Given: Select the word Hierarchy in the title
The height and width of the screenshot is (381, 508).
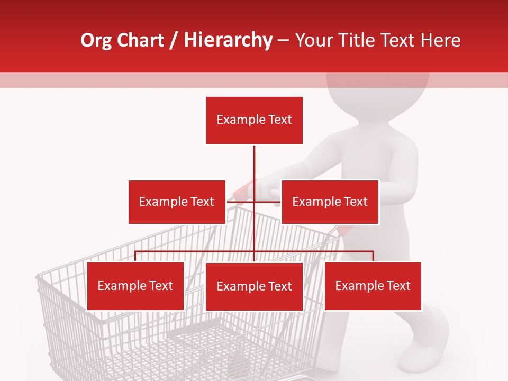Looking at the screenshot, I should pyautogui.click(x=228, y=40).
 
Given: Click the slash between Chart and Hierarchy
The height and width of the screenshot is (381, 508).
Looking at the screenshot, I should pyautogui.click(x=174, y=41).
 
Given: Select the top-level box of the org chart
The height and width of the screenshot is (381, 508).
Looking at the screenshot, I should pyautogui.click(x=254, y=120).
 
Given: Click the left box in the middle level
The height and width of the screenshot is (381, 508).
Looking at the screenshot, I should pyautogui.click(x=177, y=202).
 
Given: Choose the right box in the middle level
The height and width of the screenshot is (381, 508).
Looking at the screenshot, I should pyautogui.click(x=330, y=202).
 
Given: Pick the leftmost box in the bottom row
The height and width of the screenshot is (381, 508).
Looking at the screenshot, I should pyautogui.click(x=135, y=286).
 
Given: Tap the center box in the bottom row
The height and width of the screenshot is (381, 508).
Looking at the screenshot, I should pyautogui.click(x=254, y=286).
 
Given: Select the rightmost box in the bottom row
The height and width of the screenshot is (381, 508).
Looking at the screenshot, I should pyautogui.click(x=373, y=286).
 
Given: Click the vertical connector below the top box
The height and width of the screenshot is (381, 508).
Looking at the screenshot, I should pyautogui.click(x=254, y=164).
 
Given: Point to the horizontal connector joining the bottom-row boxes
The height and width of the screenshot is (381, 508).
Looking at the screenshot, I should pyautogui.click(x=196, y=252).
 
